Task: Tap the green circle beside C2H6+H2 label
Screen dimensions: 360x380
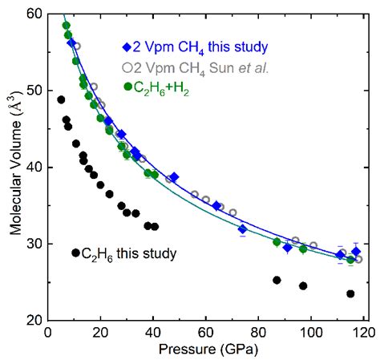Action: coord(127,86)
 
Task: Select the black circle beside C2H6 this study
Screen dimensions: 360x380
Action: coord(75,253)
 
